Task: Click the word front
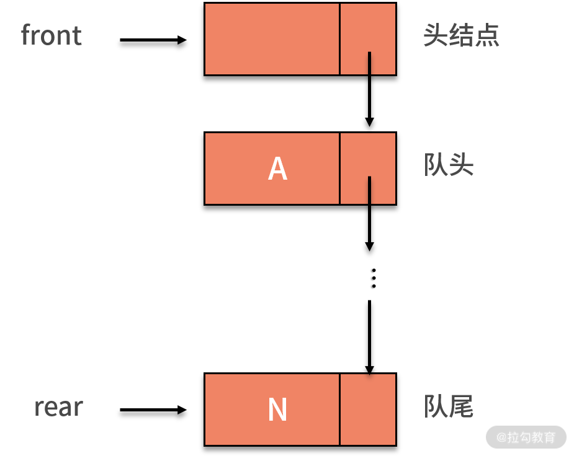(51, 35)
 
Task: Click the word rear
(58, 407)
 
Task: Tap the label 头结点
(461, 36)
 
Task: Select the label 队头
(449, 165)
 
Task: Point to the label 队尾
(449, 406)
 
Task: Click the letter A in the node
(277, 169)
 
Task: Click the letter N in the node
(277, 410)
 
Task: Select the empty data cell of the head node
(272, 39)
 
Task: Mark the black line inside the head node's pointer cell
(370, 63)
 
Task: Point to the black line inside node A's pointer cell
(370, 190)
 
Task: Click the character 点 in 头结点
(488, 36)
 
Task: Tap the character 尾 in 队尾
(462, 406)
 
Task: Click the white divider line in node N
(339, 410)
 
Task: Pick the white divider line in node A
(339, 169)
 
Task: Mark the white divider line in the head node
(339, 39)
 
